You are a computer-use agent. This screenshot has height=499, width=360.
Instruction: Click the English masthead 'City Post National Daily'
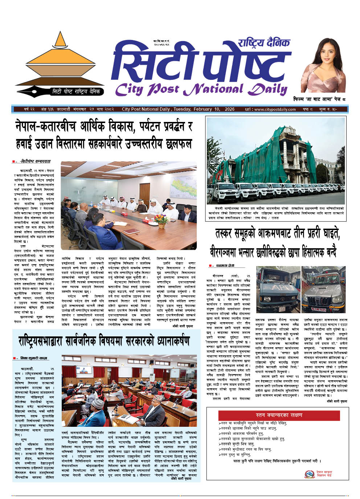click(x=201, y=89)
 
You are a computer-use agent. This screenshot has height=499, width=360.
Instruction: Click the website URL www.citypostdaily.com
click(x=275, y=109)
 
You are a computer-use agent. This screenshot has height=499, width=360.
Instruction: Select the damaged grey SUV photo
click(x=324, y=289)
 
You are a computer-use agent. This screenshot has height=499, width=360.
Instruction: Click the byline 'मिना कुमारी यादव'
click(x=33, y=358)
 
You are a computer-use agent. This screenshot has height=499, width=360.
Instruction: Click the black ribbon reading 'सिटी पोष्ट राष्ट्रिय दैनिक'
click(x=75, y=91)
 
